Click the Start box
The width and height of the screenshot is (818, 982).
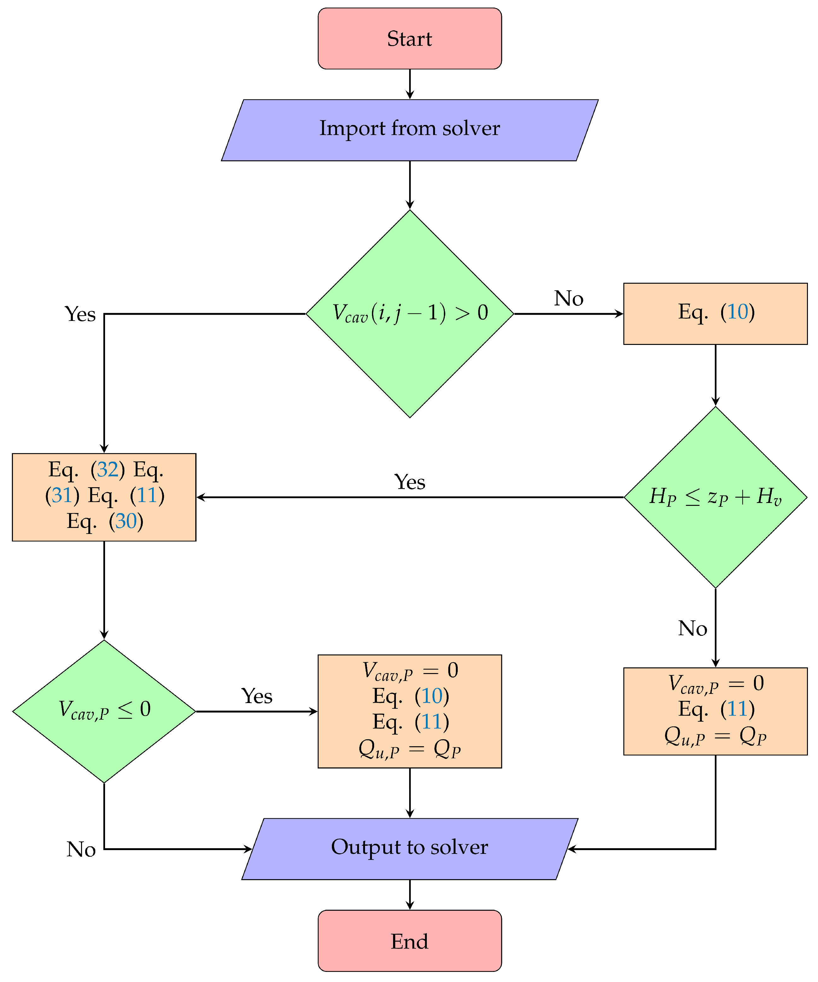[x=409, y=38]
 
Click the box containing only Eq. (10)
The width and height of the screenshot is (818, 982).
[x=715, y=313]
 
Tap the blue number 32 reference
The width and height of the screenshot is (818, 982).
[x=108, y=470]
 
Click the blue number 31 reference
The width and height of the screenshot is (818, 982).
[x=62, y=495]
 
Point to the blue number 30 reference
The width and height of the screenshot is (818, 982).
[x=126, y=521]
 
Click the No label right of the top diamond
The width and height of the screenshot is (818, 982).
[x=568, y=298]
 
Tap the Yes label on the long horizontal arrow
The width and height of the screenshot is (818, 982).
[x=409, y=482]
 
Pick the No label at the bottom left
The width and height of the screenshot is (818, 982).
[x=81, y=849]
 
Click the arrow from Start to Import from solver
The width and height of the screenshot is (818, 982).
[x=409, y=84]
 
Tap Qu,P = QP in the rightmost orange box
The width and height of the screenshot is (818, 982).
[x=715, y=736]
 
